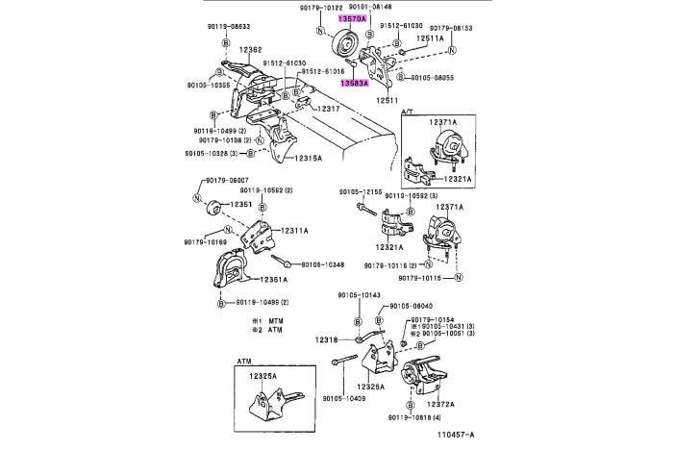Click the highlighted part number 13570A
coord(352,18)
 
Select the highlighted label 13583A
coord(353,83)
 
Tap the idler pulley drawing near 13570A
coord(342,44)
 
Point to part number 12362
coord(251,49)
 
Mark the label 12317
coord(332,109)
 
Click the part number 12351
coord(240,204)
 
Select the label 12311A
coord(295,231)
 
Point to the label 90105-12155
coord(361,191)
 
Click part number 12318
coord(326,339)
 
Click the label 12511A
coord(430,38)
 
